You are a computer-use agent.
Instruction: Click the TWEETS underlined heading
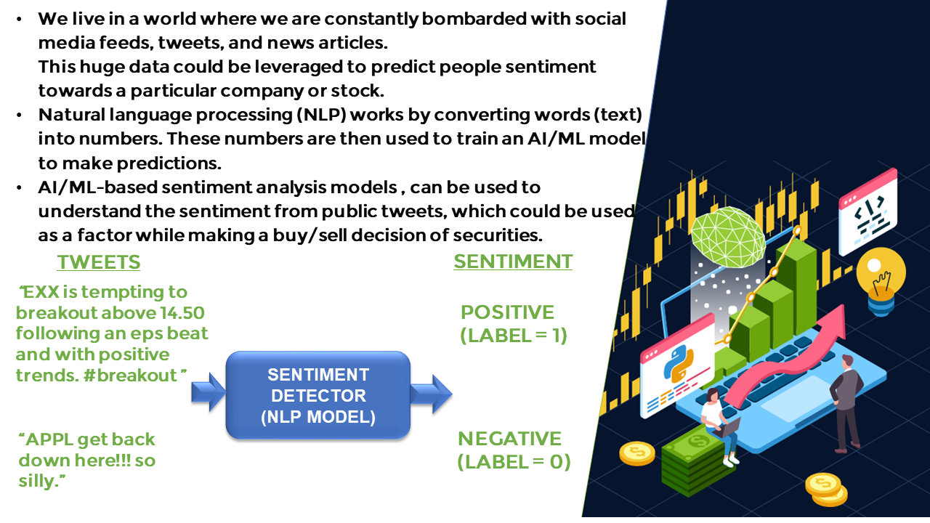99,262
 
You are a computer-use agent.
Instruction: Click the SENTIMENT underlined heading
513,261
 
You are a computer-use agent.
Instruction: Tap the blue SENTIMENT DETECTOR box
318,396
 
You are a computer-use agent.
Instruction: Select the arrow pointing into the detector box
209,393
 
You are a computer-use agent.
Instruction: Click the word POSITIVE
507,312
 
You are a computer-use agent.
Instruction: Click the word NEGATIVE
509,439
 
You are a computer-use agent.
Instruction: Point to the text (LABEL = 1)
513,336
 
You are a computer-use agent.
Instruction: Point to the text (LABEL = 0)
514,462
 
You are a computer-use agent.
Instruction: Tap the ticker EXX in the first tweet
41,292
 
